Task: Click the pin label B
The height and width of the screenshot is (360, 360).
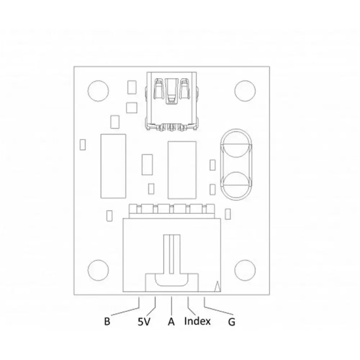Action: click(107, 321)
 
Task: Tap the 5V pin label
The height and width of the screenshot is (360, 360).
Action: click(144, 321)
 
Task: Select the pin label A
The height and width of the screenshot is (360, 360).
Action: click(171, 321)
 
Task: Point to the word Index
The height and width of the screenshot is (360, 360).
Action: click(197, 321)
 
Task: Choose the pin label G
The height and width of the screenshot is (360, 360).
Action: click(231, 322)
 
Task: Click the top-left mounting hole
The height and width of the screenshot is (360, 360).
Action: click(98, 91)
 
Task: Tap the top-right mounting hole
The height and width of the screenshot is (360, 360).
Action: click(245, 91)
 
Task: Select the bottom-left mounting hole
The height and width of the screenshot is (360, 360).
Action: click(98, 270)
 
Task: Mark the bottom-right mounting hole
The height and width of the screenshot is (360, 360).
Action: click(245, 270)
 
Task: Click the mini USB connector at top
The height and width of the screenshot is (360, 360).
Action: click(171, 101)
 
